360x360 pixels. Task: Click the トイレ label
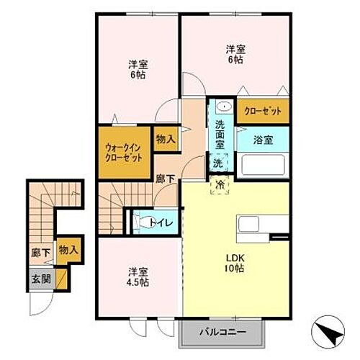click(x=161, y=222)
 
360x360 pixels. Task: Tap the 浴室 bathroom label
click(x=263, y=140)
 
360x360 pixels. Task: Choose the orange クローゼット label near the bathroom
click(x=261, y=111)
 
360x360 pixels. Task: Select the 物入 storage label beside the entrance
click(x=69, y=250)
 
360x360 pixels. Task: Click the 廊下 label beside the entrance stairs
click(x=40, y=253)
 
